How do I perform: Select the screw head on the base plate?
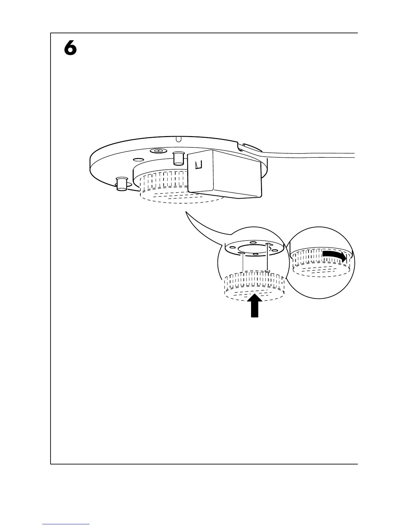click(159, 151)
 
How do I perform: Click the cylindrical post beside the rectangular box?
click(179, 157)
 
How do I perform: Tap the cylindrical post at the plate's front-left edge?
click(121, 184)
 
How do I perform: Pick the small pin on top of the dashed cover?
click(267, 271)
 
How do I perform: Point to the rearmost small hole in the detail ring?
click(253, 242)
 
